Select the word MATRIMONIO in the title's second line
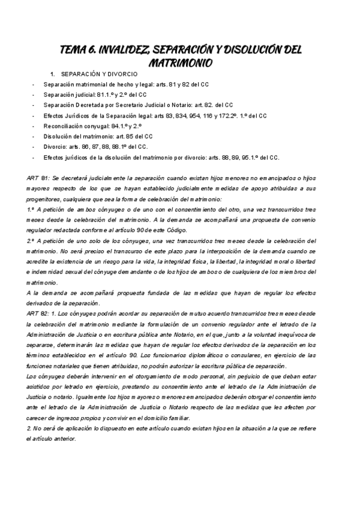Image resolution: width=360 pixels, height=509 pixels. click(x=180, y=62)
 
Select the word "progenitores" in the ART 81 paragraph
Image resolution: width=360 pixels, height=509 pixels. click(x=47, y=199)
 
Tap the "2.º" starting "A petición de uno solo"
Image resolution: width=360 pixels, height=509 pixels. click(x=31, y=241)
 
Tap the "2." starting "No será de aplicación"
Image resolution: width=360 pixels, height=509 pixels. click(x=30, y=411)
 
